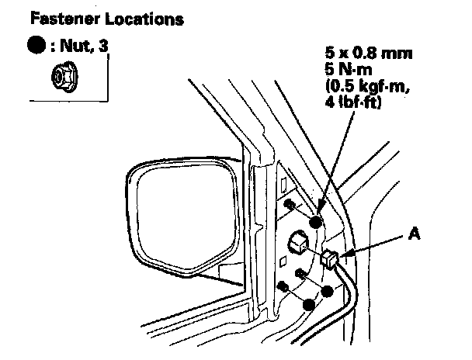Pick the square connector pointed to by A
click(x=329, y=259)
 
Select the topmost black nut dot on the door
click(x=316, y=223)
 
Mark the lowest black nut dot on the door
click(x=310, y=304)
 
